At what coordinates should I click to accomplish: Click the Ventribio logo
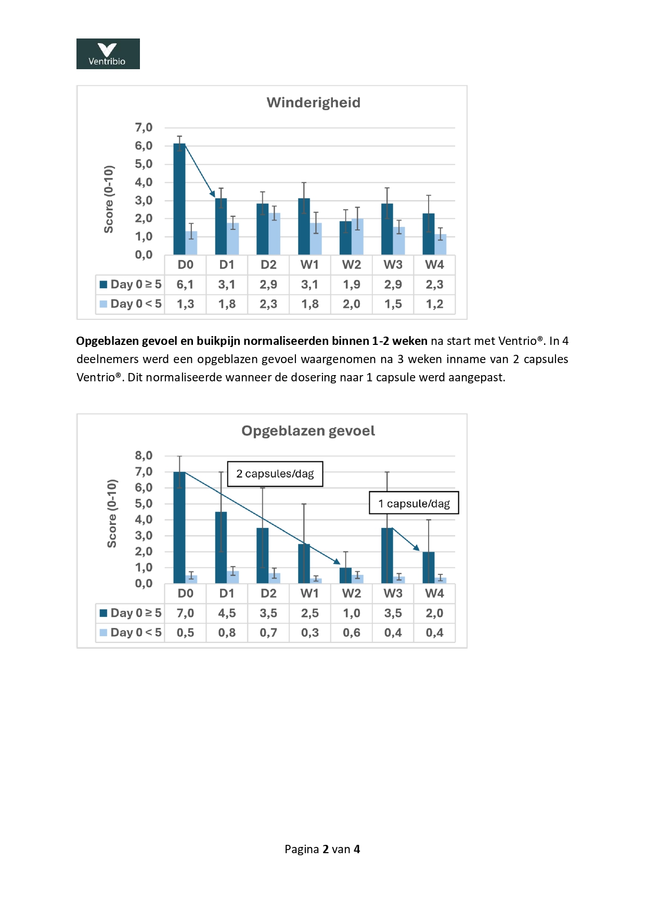pos(108,54)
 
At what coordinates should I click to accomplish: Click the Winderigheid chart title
pos(313,102)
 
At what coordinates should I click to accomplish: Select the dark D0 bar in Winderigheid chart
pos(179,200)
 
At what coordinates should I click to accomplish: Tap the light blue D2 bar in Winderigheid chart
pos(274,235)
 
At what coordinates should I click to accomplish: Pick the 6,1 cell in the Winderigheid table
pos(185,285)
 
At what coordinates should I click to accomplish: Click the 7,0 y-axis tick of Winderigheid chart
pos(144,127)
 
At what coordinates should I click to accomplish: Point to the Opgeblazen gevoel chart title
pos(308,431)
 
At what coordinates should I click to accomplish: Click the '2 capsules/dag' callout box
pos(275,474)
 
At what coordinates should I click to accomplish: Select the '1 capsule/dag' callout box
pos(414,504)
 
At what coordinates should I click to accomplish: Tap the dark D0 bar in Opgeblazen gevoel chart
pos(179,528)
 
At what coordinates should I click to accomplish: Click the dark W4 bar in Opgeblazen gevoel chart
pos(429,568)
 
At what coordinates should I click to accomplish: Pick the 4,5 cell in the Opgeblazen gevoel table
pos(227,613)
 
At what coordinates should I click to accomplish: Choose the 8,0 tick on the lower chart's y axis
pos(144,456)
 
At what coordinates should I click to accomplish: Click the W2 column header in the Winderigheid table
pos(352,265)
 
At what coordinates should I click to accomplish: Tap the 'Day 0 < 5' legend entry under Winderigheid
pos(131,304)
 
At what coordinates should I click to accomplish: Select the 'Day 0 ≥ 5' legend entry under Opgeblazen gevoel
pos(131,613)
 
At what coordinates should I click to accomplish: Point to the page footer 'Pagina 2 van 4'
pos(322,850)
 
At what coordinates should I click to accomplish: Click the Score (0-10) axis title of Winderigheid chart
pos(109,199)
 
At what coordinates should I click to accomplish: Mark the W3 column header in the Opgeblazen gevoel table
pos(393,594)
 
